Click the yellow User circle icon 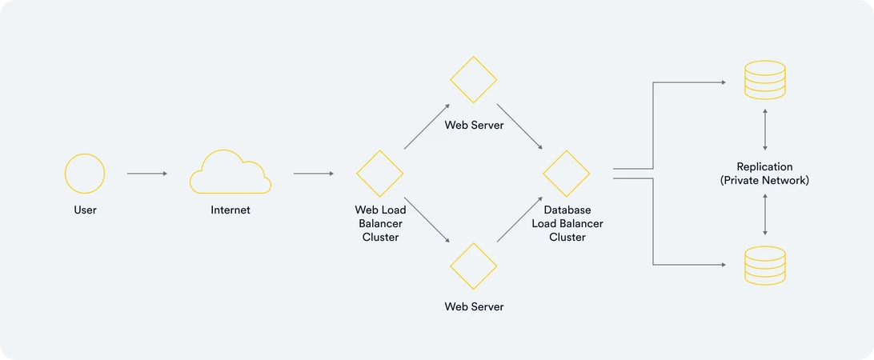[x=85, y=154]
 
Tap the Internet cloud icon [x=231, y=193]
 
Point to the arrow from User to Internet [x=147, y=174]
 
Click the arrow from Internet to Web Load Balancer [x=314, y=174]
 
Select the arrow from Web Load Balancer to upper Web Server [x=427, y=126]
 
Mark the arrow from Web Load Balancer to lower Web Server [x=427, y=220]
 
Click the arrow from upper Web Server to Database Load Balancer [x=519, y=126]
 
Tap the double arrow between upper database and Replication [x=765, y=130]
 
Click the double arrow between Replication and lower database [x=765, y=214]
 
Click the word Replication [x=765, y=166]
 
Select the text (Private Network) [x=765, y=181]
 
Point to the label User [x=85, y=210]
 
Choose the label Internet [x=231, y=210]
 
